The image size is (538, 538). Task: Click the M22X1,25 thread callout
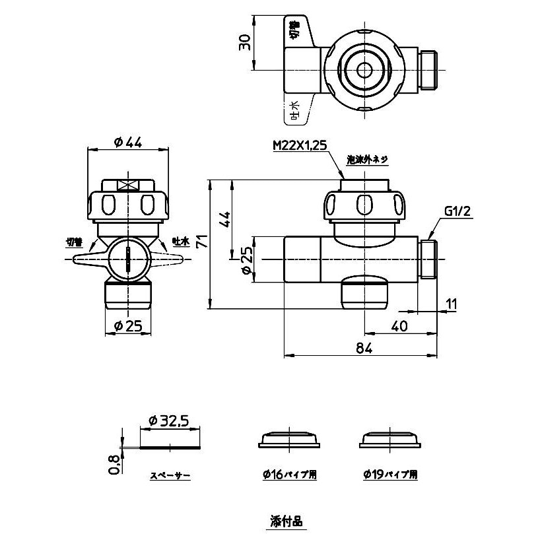pyautogui.click(x=300, y=147)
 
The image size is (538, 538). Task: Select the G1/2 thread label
pyautogui.click(x=456, y=212)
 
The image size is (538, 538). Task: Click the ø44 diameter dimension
pyautogui.click(x=128, y=141)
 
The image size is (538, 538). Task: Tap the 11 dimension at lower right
pyautogui.click(x=451, y=304)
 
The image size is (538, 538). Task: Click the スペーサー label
pyautogui.click(x=170, y=475)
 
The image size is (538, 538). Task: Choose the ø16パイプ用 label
pyautogui.click(x=289, y=474)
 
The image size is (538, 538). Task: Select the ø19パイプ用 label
pyautogui.click(x=390, y=474)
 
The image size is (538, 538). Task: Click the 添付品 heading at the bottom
pyautogui.click(x=286, y=521)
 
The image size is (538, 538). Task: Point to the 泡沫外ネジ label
pyautogui.click(x=368, y=160)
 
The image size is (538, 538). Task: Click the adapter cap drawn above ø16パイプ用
pyautogui.click(x=289, y=439)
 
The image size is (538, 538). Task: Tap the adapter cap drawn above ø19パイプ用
pyautogui.click(x=391, y=439)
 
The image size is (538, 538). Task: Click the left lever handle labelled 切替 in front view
pyautogui.click(x=86, y=260)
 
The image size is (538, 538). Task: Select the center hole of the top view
pyautogui.click(x=363, y=69)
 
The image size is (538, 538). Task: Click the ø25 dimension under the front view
pyautogui.click(x=128, y=325)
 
